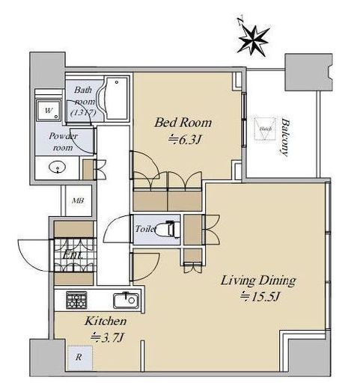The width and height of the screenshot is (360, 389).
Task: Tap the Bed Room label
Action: (x=183, y=122)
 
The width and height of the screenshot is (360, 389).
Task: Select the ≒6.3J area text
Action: (x=183, y=139)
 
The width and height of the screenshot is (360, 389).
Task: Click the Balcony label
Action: (x=285, y=135)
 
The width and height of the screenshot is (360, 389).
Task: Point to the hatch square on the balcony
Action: (x=263, y=129)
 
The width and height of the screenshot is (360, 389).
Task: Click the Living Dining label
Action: (x=257, y=281)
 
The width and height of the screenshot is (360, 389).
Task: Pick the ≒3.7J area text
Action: (x=105, y=337)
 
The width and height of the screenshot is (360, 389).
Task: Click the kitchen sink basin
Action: (x=124, y=301)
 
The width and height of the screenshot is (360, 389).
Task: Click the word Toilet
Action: (x=145, y=230)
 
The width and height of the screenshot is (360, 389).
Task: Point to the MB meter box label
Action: (x=78, y=200)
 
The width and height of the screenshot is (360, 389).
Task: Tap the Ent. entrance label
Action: (x=73, y=255)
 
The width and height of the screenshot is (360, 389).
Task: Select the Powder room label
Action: (x=64, y=141)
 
